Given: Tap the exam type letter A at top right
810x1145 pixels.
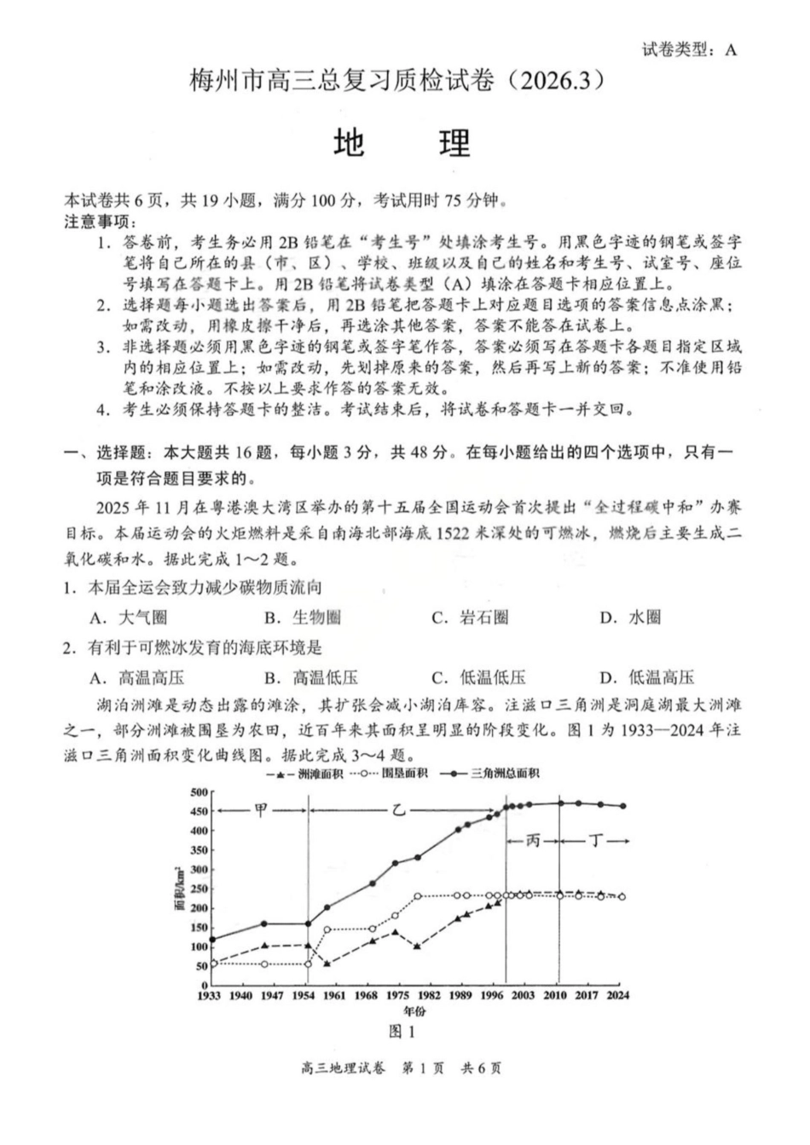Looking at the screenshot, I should [x=730, y=49].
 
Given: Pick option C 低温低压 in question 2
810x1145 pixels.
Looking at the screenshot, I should [x=479, y=678].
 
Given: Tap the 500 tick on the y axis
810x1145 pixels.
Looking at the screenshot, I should [x=199, y=792].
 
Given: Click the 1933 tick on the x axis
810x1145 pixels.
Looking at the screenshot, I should [x=210, y=995].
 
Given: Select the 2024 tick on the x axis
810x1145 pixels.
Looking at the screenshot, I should [x=619, y=995].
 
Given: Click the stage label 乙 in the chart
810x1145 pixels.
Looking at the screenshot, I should [x=399, y=810].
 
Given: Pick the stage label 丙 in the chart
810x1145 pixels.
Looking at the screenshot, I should [x=533, y=841].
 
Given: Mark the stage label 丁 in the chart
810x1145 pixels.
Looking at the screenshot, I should [x=596, y=841].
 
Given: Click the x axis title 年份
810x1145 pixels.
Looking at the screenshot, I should [x=414, y=1011].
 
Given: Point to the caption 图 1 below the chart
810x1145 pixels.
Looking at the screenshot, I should [x=401, y=1032].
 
